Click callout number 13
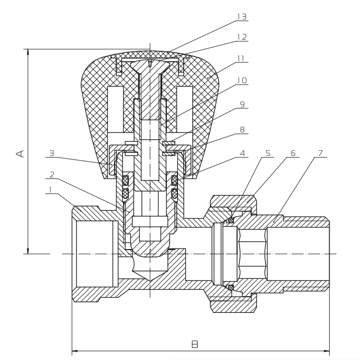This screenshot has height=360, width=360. [242, 17]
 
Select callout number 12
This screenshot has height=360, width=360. [242, 37]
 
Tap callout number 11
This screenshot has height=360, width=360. [241, 59]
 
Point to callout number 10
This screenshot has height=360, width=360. [242, 81]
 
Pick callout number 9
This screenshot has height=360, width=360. [242, 105]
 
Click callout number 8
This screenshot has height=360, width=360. [242, 129]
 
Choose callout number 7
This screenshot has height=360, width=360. [321, 153]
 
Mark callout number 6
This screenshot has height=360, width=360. [292, 153]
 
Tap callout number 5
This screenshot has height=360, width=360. [268, 153]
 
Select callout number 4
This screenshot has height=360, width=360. [242, 153]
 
